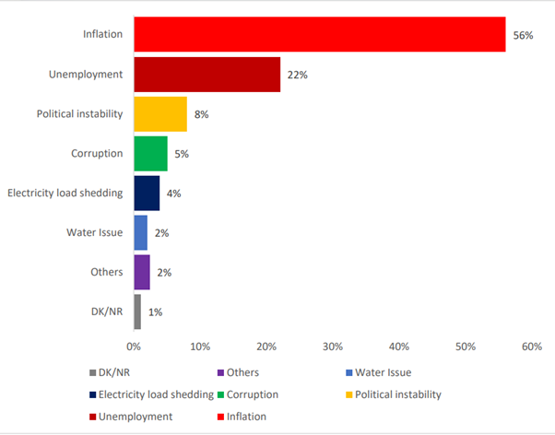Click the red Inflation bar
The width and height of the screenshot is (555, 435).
pyautogui.click(x=320, y=34)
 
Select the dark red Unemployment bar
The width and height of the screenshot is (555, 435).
pyautogui.click(x=207, y=75)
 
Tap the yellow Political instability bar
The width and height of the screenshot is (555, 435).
pyautogui.click(x=160, y=114)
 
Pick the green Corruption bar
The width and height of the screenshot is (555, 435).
pyautogui.click(x=151, y=154)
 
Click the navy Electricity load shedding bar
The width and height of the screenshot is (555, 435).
pyautogui.click(x=147, y=194)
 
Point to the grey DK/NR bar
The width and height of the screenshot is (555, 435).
pyautogui.click(x=137, y=312)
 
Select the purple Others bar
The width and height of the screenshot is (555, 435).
pyautogui.click(x=142, y=272)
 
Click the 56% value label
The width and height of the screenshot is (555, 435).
pyautogui.click(x=523, y=35)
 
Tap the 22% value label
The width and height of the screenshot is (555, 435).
pyautogui.click(x=297, y=75)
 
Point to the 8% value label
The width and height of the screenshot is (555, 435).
pyautogui.click(x=201, y=114)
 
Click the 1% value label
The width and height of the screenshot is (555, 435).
pyautogui.click(x=156, y=312)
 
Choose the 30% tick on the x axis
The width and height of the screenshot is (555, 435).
pyautogui.click(x=333, y=347)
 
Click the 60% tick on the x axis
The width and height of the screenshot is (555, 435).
pyautogui.click(x=532, y=347)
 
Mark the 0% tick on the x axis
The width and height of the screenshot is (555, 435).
pyautogui.click(x=134, y=347)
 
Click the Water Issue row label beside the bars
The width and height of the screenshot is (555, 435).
pyautogui.click(x=95, y=232)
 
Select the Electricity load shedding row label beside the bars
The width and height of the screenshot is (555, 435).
pyautogui.click(x=65, y=193)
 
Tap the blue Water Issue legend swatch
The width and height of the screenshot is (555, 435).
pyautogui.click(x=349, y=372)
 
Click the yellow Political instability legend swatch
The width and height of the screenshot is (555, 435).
pyautogui.click(x=349, y=394)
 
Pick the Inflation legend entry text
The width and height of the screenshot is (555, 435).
pyautogui.click(x=246, y=417)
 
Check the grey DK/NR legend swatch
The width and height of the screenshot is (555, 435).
pyautogui.click(x=93, y=372)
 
